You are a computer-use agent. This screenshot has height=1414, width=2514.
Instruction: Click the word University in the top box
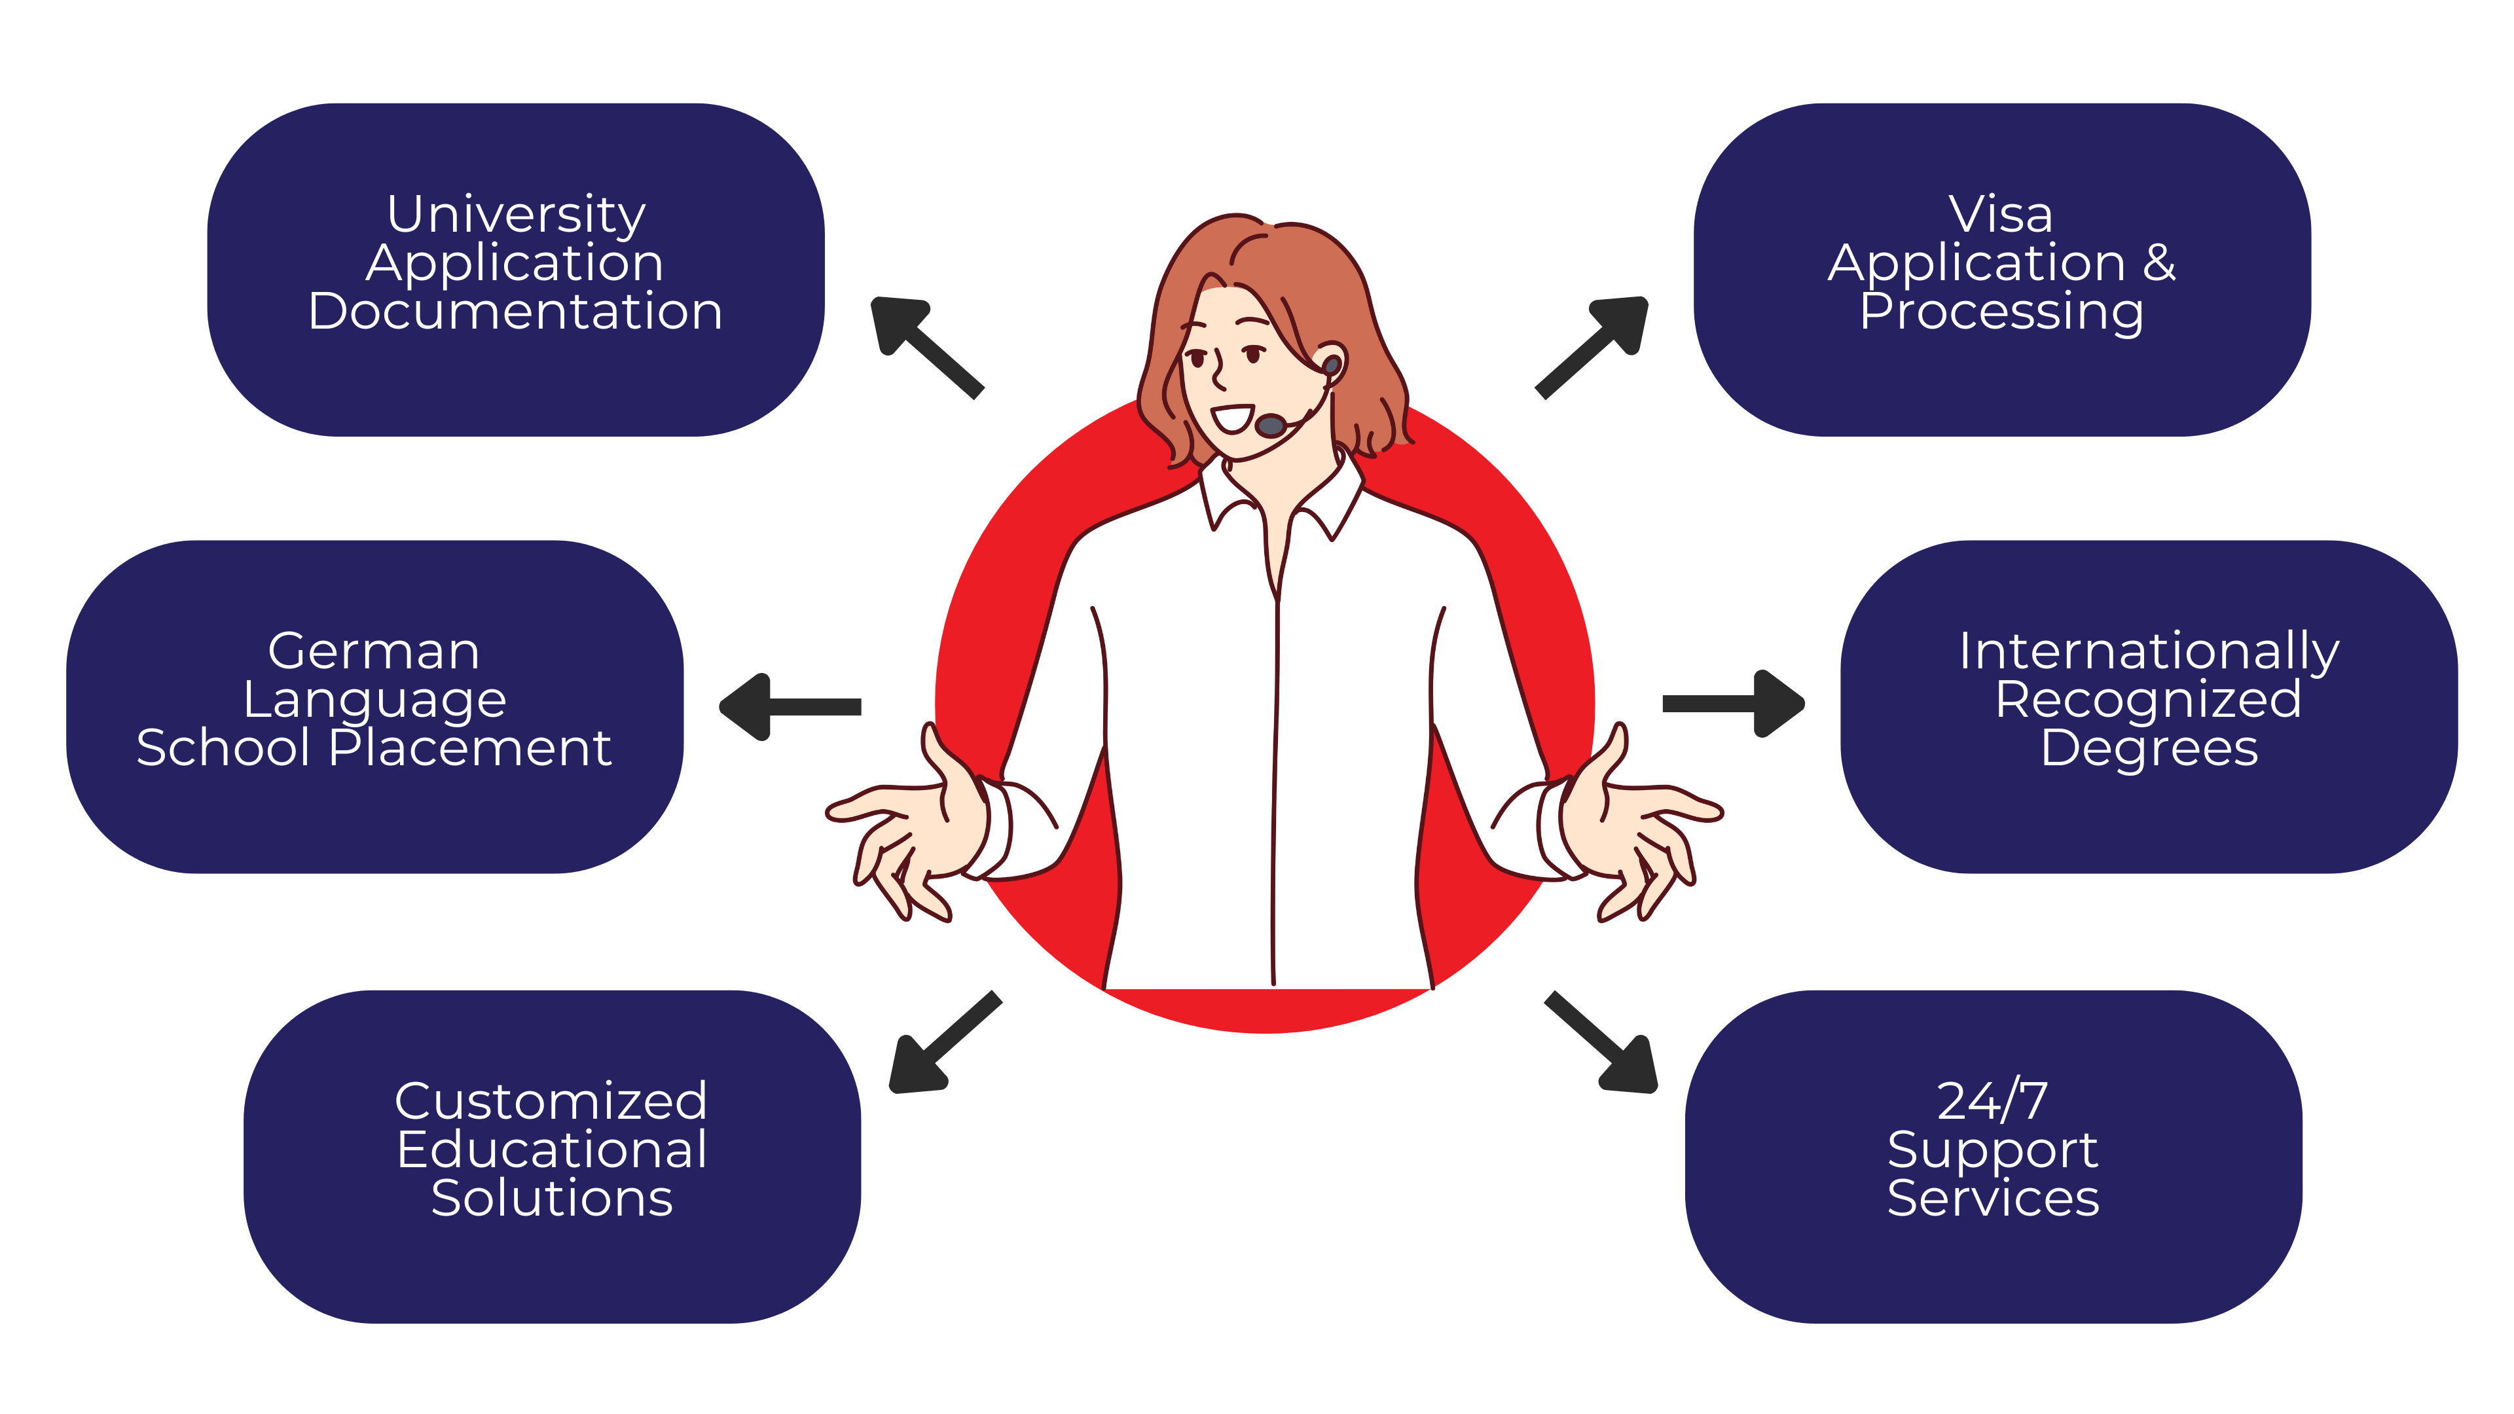tap(517, 215)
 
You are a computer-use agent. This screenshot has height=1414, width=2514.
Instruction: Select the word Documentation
tap(515, 312)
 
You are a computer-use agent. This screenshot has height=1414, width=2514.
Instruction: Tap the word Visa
tap(2001, 215)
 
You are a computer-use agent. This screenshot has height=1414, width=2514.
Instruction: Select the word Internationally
tap(2149, 653)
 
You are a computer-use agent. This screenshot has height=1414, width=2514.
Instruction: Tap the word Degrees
tap(2149, 750)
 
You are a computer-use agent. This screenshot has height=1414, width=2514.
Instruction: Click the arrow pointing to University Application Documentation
tap(927, 348)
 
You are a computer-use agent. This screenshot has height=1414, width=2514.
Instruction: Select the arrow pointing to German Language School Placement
tap(790, 706)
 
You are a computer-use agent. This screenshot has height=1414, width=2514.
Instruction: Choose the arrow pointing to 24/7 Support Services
tap(1601, 1042)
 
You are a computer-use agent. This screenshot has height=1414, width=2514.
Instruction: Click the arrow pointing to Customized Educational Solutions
tap(945, 1042)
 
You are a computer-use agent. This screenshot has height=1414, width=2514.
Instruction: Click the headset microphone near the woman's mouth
tap(1271, 426)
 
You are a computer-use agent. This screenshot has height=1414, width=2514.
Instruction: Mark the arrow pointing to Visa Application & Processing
tap(1592, 348)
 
